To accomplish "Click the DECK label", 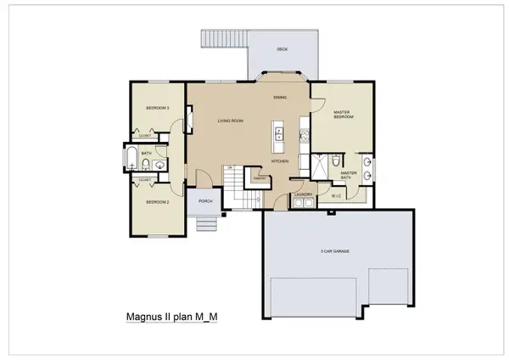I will [x=282, y=49].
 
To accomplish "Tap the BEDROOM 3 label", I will [x=158, y=108].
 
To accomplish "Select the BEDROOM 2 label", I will [x=158, y=202].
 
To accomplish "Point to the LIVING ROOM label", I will [x=230, y=121].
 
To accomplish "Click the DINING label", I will [x=279, y=98].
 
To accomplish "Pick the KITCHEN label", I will [x=280, y=160].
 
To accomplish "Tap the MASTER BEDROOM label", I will [x=344, y=114].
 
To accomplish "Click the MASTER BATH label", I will [x=349, y=175].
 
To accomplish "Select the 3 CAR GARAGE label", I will [x=336, y=251].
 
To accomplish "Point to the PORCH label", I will [x=204, y=201].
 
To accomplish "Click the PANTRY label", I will [x=260, y=178].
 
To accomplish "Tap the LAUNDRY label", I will [x=304, y=194].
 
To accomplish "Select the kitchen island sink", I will [x=278, y=132].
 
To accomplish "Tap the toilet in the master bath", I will [x=337, y=159].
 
